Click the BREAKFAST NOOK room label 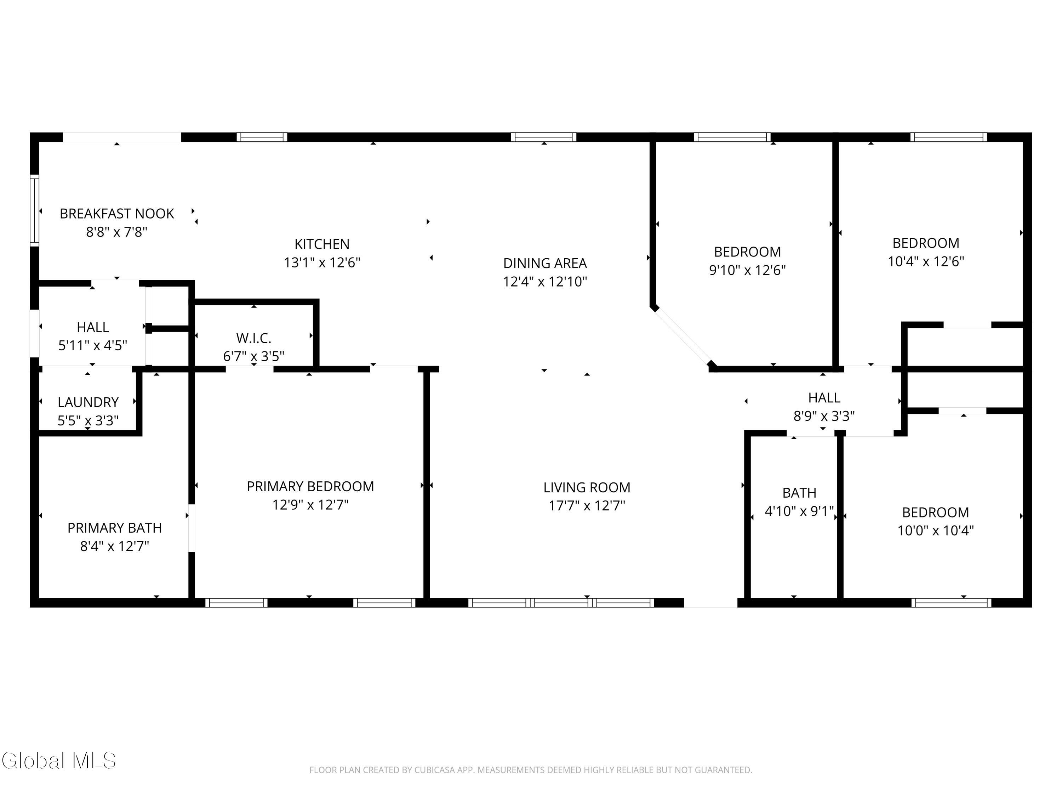117,214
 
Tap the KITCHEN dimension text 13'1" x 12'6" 322,263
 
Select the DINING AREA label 545,263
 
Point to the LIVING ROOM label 587,488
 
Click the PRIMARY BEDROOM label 310,487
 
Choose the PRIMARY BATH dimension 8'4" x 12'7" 115,546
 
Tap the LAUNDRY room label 88,402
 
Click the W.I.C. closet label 254,338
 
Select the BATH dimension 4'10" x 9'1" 799,511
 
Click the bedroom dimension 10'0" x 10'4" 936,530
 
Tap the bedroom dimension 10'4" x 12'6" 926,261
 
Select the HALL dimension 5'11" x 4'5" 93,345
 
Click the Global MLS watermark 58,761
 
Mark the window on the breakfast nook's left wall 34,211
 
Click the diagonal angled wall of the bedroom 682,336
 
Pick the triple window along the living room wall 561,603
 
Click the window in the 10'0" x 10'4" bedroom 952,603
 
